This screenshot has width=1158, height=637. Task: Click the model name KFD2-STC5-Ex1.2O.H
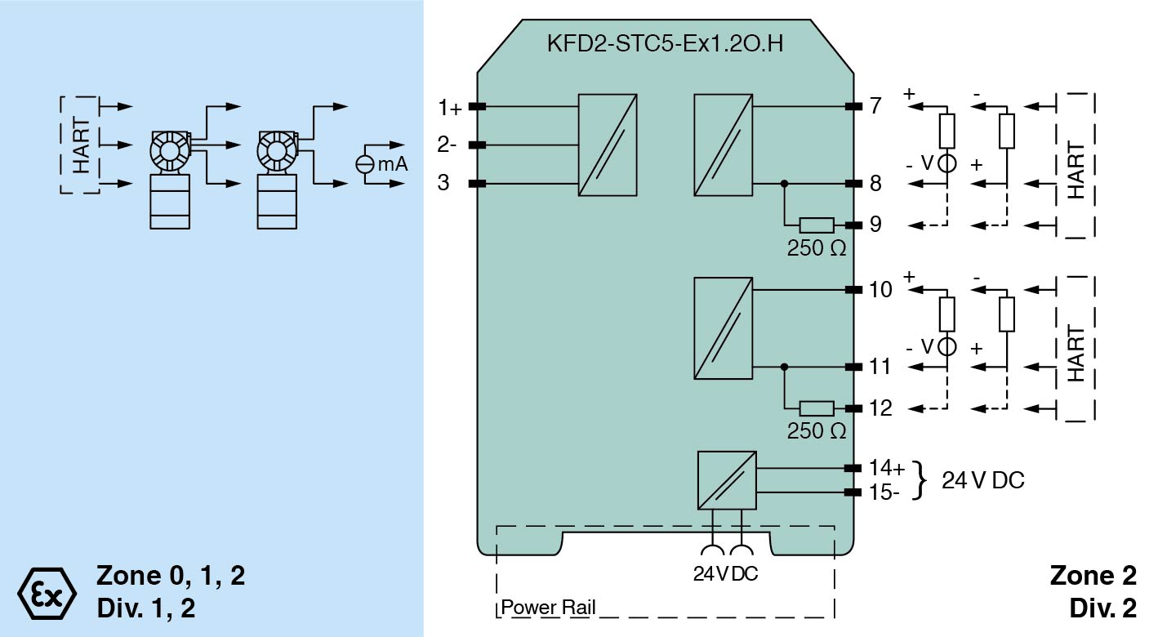click(665, 43)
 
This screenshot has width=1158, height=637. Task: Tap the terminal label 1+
click(448, 107)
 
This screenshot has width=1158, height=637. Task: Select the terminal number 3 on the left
click(443, 183)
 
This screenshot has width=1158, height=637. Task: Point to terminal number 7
click(875, 106)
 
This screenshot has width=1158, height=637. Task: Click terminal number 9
click(875, 224)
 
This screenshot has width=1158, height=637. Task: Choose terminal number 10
click(880, 289)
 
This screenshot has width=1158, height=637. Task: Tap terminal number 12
click(880, 408)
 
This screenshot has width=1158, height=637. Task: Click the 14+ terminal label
click(886, 469)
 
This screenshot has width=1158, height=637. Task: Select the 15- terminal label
click(884, 492)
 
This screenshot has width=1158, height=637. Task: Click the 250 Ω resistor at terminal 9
click(816, 225)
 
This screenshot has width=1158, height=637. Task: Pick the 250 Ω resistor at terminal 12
click(816, 408)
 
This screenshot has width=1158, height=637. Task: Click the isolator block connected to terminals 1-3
click(607, 145)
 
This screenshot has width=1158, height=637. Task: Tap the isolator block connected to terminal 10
click(723, 328)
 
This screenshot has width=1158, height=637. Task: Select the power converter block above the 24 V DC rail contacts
click(726, 480)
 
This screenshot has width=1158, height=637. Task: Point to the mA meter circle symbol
click(364, 164)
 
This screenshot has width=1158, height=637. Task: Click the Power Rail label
click(548, 608)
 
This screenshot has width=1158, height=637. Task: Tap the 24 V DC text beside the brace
click(982, 480)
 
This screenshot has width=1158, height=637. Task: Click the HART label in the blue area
click(82, 145)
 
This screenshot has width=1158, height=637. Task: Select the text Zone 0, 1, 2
click(171, 576)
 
